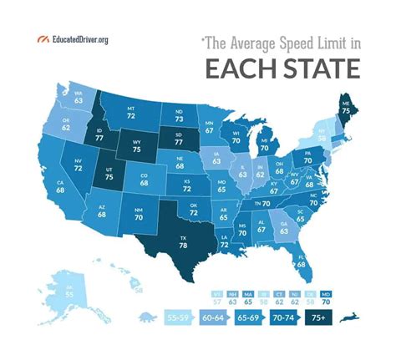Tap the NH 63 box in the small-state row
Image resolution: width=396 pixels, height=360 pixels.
[231, 297]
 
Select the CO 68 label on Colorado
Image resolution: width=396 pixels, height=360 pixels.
[145, 179]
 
